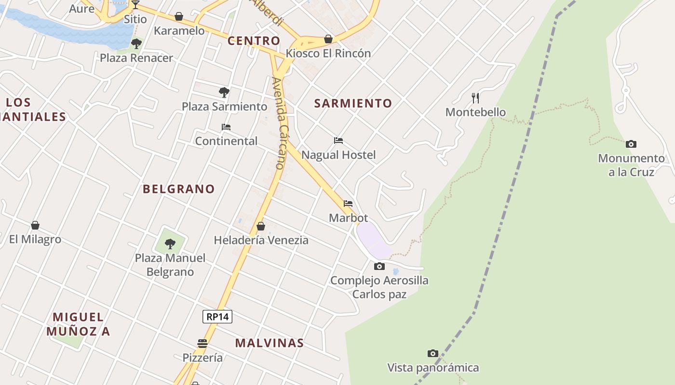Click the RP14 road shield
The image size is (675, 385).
coord(217,317)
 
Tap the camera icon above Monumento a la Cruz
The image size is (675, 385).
coord(631,144)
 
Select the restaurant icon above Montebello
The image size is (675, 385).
coord(475,98)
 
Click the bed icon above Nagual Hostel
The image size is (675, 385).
coord(338,141)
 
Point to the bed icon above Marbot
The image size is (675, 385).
coord(348,204)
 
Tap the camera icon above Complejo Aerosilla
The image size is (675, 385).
coord(379,266)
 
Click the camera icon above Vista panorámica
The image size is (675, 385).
coord(433,354)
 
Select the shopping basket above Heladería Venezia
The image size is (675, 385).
coord(261,226)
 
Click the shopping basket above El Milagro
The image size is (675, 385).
coord(35,225)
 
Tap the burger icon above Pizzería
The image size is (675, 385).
coord(202,344)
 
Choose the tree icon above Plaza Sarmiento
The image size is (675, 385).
coord(224,92)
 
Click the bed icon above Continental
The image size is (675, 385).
coord(226,127)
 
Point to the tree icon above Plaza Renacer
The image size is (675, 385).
coord(136,44)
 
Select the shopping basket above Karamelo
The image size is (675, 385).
coord(179,16)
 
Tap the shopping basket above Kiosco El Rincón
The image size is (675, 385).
coord(328,39)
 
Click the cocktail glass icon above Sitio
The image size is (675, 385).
coord(135,5)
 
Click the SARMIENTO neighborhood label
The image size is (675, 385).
coord(353,103)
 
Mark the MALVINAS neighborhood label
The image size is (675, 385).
coord(270,343)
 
